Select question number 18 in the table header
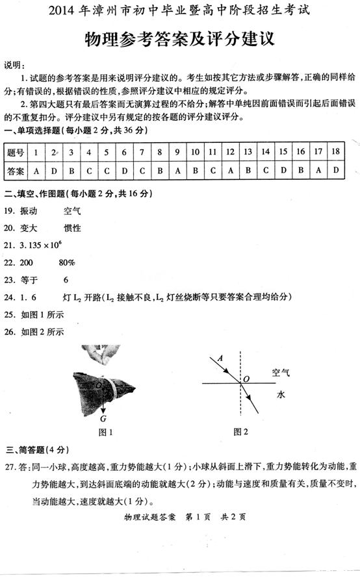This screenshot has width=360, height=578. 335,152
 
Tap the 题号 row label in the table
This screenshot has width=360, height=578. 15,153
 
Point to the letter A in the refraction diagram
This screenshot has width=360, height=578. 220,358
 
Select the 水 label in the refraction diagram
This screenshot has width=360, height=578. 281,394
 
